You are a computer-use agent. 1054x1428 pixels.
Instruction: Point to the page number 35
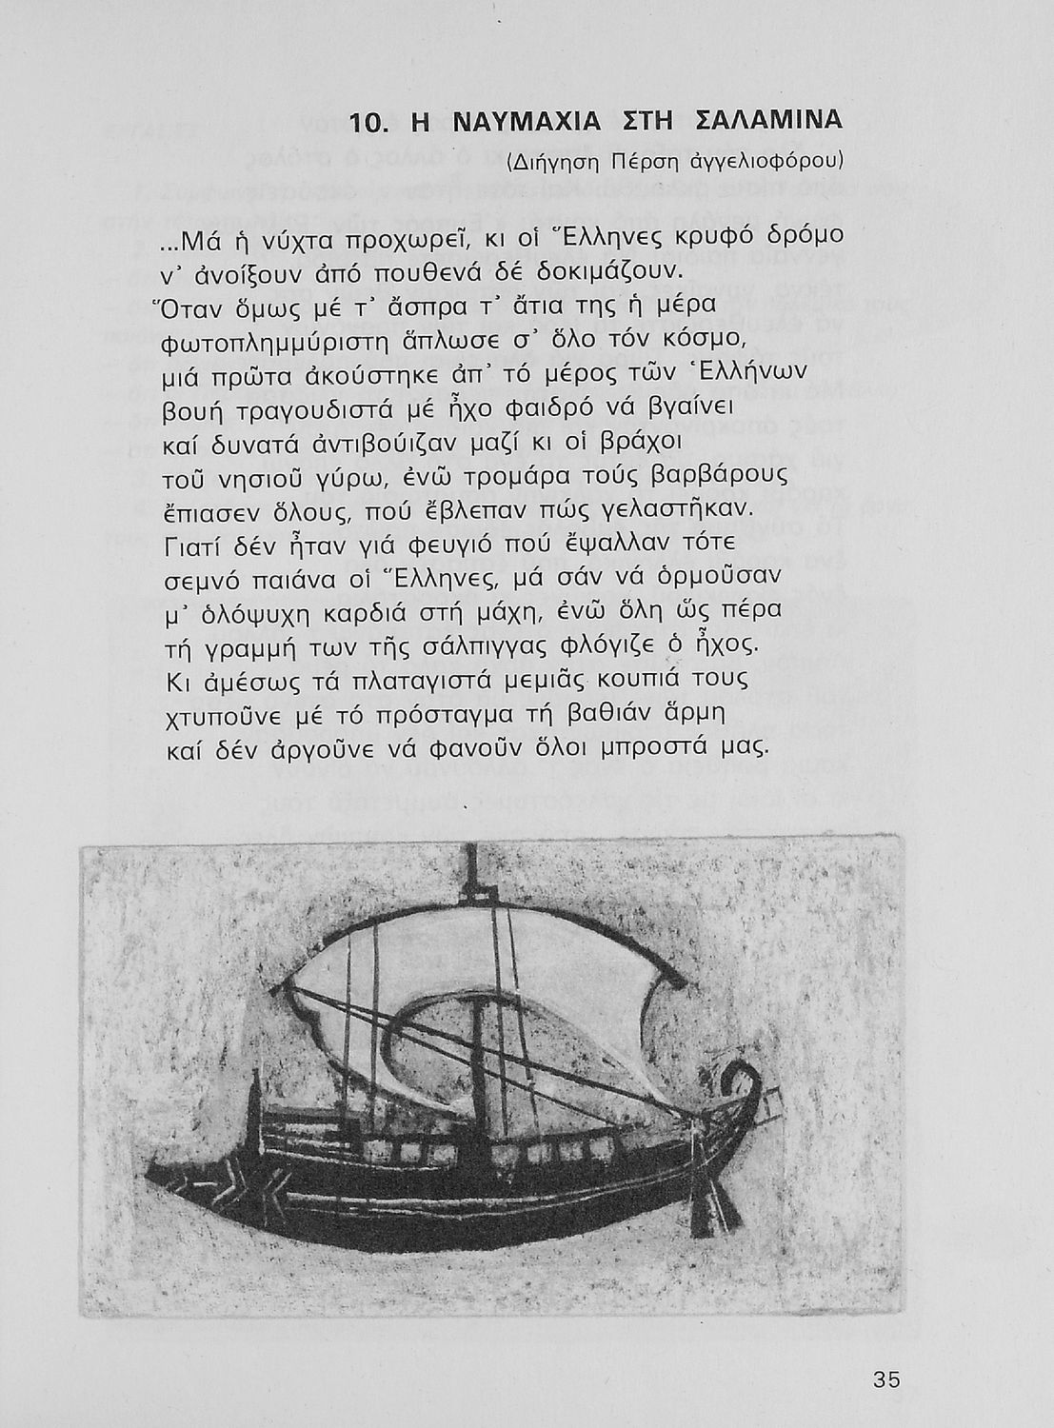(x=885, y=1379)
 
